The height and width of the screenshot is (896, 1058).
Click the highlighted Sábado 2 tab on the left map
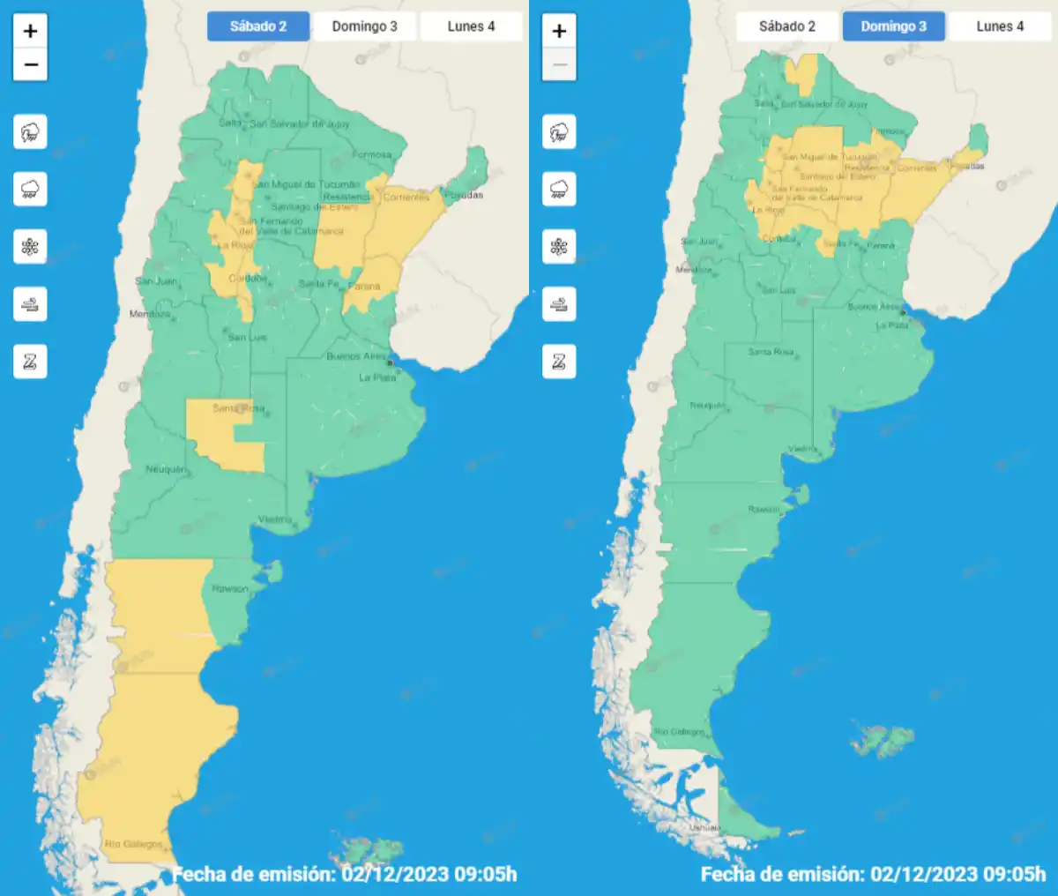point(258,26)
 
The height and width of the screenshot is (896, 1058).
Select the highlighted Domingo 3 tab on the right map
point(893,26)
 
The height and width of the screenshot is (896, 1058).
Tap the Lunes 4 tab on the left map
point(471,26)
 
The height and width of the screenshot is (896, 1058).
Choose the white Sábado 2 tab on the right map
point(786,26)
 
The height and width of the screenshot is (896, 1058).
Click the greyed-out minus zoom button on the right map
point(559,64)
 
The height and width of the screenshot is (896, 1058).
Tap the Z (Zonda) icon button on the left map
point(30,362)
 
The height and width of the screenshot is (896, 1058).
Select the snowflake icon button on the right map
point(559,247)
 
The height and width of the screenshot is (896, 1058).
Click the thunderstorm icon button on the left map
point(30,133)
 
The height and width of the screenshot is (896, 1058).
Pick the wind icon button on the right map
point(559,304)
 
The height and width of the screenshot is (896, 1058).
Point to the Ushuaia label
point(705,827)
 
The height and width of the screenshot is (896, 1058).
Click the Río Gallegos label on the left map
point(133,844)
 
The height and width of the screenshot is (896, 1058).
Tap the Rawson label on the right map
point(764,510)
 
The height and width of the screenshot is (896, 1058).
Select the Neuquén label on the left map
point(165,469)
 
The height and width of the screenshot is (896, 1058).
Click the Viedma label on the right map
point(802,449)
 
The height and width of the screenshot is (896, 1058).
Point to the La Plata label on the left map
point(377,377)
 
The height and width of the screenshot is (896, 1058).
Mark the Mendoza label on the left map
point(150,314)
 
